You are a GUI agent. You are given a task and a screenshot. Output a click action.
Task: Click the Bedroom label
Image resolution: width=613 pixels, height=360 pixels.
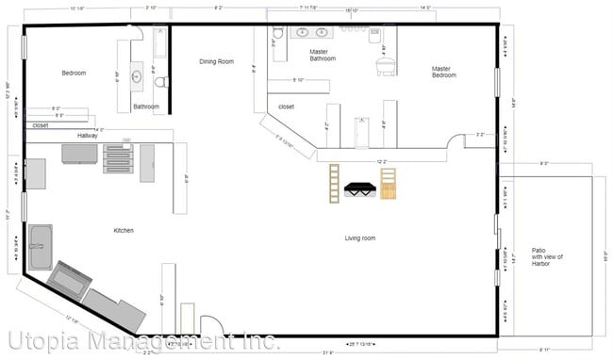pos(75,73)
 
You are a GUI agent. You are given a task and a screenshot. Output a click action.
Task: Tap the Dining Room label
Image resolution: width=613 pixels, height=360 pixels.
pos(216,62)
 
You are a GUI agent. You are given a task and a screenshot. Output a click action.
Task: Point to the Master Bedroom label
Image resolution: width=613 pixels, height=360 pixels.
pos(444,71)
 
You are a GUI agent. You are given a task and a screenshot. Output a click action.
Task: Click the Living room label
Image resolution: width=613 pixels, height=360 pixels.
pos(359,238)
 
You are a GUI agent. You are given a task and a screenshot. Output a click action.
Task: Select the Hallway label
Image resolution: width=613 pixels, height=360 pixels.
pos(88,136)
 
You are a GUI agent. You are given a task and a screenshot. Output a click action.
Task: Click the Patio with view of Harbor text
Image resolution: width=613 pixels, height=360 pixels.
pos(546,256)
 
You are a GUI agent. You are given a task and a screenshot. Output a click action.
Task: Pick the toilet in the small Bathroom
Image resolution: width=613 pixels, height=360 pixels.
pos(161,82)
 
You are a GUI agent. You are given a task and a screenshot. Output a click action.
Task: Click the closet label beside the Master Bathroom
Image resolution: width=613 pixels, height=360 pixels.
pos(286,106)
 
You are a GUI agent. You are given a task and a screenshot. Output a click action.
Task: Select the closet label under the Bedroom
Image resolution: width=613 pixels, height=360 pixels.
pos(40,124)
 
